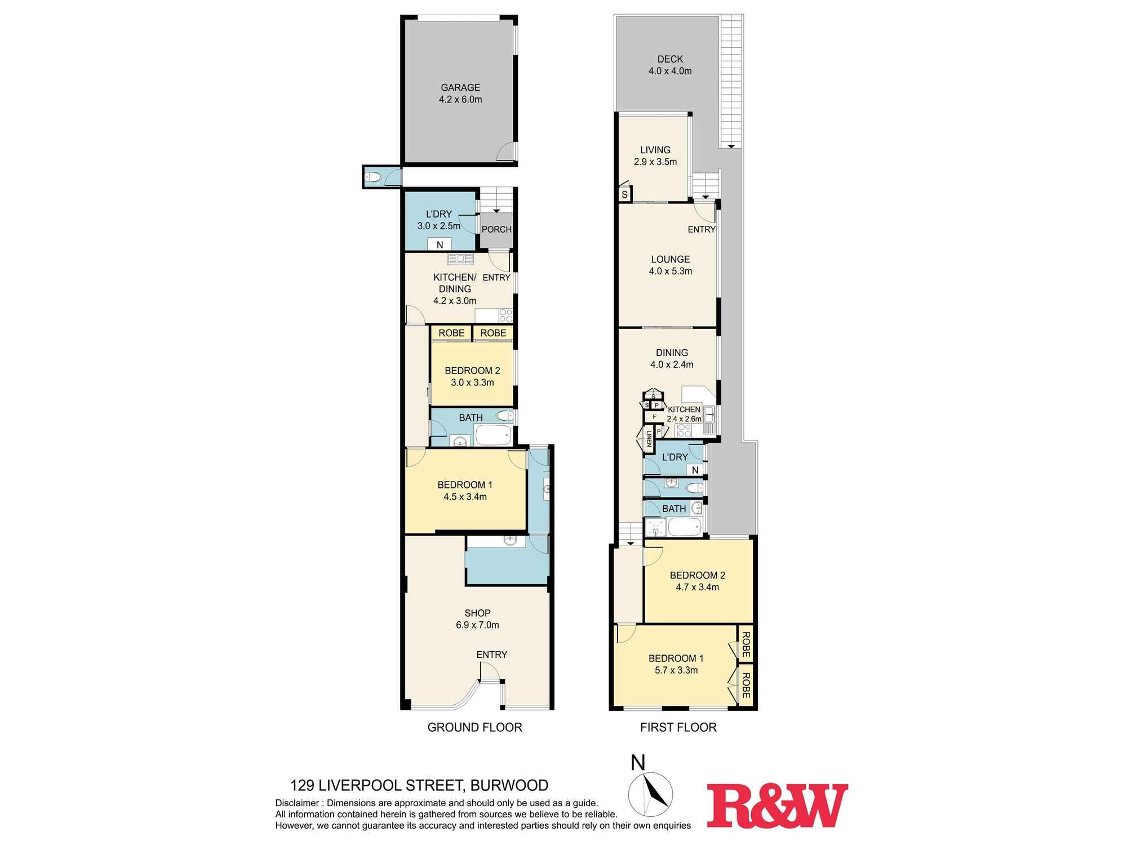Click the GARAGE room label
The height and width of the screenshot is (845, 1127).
tap(460, 87)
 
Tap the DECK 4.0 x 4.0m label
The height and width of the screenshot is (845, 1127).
tap(670, 65)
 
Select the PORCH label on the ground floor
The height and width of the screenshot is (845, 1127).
tap(496, 229)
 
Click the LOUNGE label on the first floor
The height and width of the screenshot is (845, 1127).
tap(671, 259)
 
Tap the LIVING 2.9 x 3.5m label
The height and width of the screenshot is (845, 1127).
tap(655, 155)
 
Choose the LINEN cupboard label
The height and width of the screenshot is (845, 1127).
tap(649, 438)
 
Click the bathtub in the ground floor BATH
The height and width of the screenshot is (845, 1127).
tap(494, 435)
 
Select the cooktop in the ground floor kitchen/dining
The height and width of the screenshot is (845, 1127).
tap(505, 315)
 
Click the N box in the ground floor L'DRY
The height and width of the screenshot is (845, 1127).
tap(440, 244)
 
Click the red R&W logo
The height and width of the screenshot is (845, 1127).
tap(778, 805)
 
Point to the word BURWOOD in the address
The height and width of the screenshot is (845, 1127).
tap(509, 785)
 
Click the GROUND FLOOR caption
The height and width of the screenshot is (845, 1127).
tap(474, 727)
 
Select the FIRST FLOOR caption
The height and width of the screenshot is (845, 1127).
tap(678, 727)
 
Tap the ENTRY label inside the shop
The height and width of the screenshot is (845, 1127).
tap(492, 655)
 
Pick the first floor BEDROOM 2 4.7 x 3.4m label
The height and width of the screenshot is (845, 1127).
tap(698, 581)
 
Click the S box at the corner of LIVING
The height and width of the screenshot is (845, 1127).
tap(625, 195)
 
